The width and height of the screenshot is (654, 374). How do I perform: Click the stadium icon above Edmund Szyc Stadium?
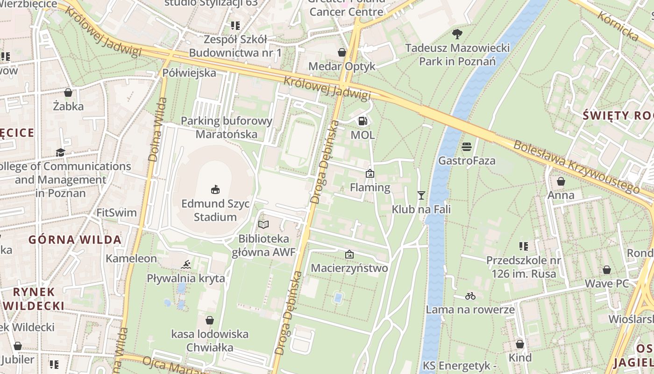215,189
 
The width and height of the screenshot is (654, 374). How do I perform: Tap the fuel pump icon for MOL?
363,121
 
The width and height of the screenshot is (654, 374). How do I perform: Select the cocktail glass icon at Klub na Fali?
421,195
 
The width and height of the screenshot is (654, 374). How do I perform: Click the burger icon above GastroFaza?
467,147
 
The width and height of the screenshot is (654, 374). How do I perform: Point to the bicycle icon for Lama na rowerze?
470,296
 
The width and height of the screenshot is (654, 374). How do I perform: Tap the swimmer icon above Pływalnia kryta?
186,265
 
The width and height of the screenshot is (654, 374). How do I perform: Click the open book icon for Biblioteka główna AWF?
263,225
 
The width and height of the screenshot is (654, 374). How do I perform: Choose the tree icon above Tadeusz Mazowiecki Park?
457,34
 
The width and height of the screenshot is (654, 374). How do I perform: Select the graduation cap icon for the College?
60,152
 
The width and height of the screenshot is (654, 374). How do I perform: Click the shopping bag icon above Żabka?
68,93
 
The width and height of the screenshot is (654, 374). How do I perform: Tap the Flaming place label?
370,187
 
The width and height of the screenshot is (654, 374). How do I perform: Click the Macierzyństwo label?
349,268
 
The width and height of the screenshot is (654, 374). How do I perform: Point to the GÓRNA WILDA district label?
75,240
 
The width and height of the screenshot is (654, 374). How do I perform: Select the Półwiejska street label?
189,73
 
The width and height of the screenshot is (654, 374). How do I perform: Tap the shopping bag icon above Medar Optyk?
342,52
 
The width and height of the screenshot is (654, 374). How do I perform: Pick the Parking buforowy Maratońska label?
227,128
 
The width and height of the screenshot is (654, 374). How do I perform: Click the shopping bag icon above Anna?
561,181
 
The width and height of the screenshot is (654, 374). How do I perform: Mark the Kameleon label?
131,259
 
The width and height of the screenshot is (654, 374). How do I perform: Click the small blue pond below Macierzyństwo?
338,297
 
